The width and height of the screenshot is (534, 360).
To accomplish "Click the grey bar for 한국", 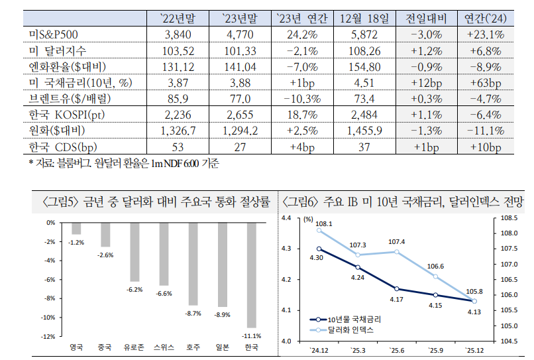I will pos(251,275).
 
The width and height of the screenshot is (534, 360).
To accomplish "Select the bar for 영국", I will pos(77,228).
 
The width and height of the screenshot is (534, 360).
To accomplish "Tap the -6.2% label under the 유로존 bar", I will pos(135,290).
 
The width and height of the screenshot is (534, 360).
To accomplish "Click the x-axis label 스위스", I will pos(164,347).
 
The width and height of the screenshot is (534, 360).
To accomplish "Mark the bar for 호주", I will pos(193,264).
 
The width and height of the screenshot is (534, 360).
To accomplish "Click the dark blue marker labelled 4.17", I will pos(397,289).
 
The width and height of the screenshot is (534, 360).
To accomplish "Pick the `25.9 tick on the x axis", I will pos(435,349).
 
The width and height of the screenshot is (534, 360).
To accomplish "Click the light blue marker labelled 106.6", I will pos(436,276).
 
